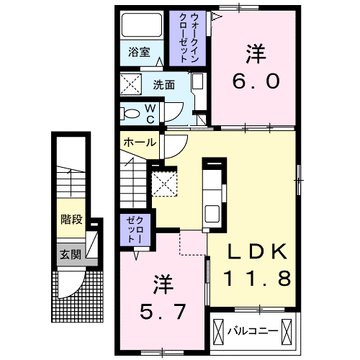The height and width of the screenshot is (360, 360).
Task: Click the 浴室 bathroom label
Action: coord(140,53)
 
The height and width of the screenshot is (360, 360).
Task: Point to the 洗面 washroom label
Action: coord(163,84)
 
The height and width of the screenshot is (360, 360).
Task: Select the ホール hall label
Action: coord(139,142)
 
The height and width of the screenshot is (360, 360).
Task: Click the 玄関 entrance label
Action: coord(70,254)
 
